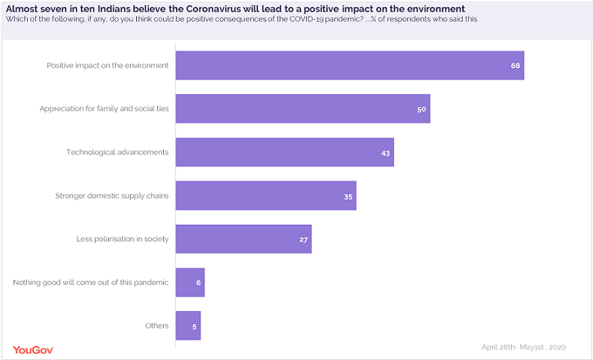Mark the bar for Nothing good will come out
(x=189, y=283)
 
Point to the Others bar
(x=188, y=326)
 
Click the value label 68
(x=515, y=66)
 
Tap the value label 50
(x=422, y=110)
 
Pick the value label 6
(x=198, y=283)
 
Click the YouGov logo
(x=33, y=349)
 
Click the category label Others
(x=156, y=326)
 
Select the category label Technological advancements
(x=117, y=153)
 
